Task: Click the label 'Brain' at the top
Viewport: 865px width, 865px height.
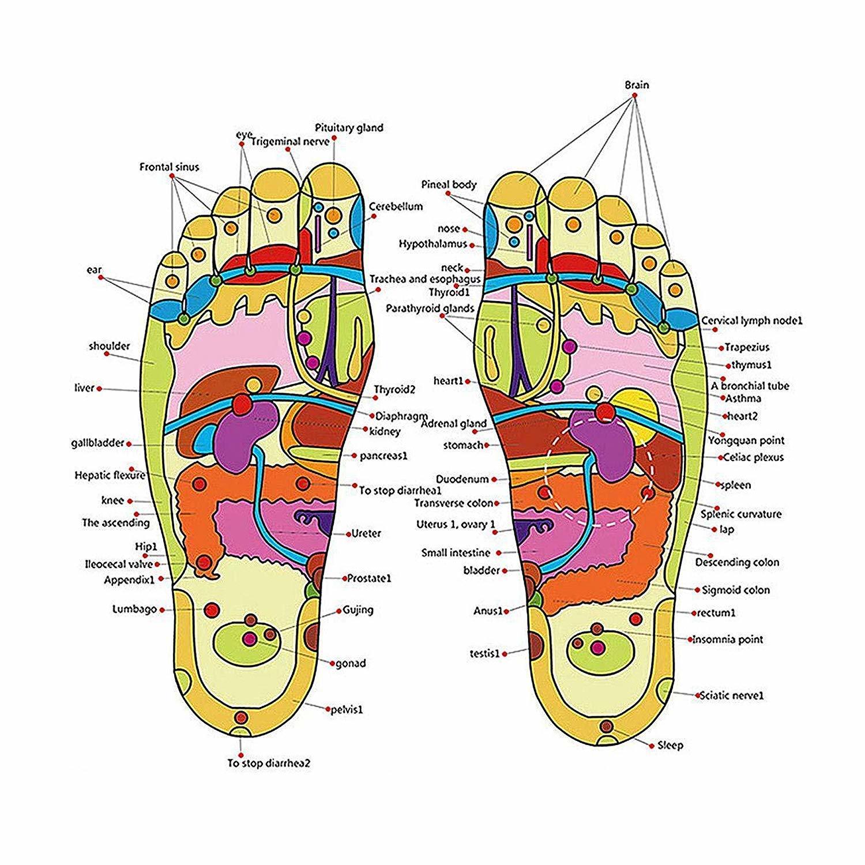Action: (x=637, y=85)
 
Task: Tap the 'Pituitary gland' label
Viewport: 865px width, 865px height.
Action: (x=349, y=127)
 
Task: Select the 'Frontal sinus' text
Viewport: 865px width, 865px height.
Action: (x=169, y=167)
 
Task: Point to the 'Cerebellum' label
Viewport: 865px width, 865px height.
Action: (x=396, y=206)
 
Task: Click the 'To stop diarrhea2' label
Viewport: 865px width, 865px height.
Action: (x=269, y=764)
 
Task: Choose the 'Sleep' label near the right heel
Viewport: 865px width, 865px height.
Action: (x=670, y=746)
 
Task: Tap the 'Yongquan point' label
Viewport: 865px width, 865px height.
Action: (x=746, y=441)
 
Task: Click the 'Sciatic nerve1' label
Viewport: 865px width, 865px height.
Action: (x=731, y=696)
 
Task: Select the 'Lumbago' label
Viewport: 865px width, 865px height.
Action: (x=135, y=610)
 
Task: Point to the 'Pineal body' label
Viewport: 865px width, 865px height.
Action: (x=449, y=185)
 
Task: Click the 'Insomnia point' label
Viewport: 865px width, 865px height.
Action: (x=727, y=639)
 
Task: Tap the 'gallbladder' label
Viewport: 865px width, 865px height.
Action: (x=98, y=443)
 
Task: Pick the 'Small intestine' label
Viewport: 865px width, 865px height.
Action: (x=456, y=553)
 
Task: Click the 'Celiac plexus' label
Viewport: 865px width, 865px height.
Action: (x=754, y=457)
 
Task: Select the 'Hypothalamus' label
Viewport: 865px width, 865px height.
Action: (x=432, y=245)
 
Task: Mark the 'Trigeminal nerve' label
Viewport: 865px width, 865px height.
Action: (x=290, y=141)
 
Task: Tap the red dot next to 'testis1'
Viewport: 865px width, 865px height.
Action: (x=505, y=654)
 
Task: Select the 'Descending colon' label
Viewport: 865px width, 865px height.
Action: (x=736, y=562)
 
